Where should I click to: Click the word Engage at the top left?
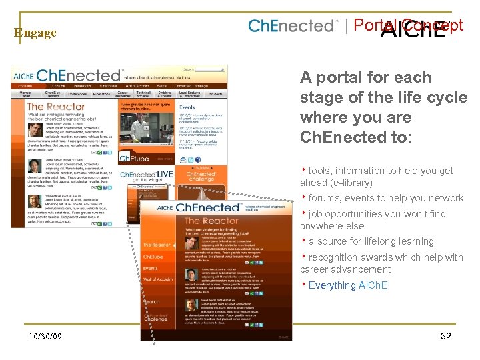[x=35, y=33]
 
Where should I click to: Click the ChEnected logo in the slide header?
[x=293, y=27]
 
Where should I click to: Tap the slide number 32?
[x=446, y=336]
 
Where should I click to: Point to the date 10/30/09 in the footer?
[x=45, y=337]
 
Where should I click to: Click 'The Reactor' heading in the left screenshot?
[x=56, y=106]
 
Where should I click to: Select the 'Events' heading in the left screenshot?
[x=187, y=107]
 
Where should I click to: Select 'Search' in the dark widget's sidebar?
[x=152, y=302]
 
